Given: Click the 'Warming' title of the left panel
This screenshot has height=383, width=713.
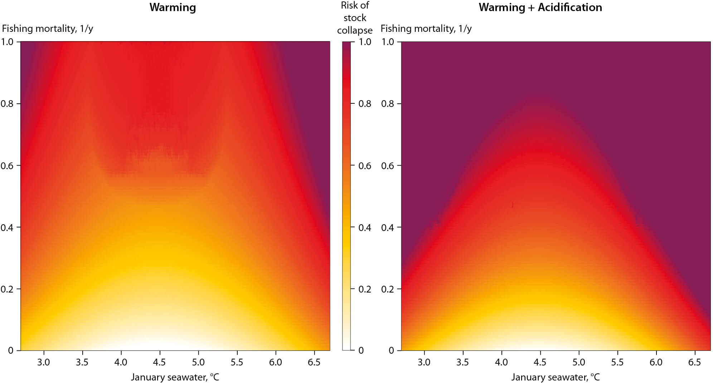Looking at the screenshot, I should click(173, 8).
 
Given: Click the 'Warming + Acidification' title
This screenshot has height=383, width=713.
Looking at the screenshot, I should click(540, 8).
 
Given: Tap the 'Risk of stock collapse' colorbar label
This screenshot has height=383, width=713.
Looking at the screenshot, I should click(355, 18).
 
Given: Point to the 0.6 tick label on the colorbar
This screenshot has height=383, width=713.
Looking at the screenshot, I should click(365, 166).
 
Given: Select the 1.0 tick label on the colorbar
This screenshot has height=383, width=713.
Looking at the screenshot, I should click(365, 42).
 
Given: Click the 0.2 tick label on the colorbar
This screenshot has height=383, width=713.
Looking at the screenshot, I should click(365, 289).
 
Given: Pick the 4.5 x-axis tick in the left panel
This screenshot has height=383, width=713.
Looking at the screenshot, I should click(160, 362).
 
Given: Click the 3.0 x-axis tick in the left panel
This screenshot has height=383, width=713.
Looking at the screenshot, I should click(44, 362).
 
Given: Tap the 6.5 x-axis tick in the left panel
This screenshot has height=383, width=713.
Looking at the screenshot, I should click(314, 362).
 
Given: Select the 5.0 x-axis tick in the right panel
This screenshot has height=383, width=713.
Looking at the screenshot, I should click(579, 362).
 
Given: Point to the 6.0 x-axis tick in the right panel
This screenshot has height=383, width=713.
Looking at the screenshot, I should click(656, 362).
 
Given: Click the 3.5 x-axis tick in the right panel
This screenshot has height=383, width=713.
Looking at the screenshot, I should click(463, 362).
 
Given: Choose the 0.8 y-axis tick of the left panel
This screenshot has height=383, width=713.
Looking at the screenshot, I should click(7, 104).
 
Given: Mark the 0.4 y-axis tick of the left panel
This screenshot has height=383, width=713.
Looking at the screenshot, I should click(7, 228).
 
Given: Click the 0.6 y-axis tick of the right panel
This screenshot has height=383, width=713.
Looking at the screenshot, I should click(387, 166).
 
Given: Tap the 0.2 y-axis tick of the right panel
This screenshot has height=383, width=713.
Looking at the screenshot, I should click(387, 289).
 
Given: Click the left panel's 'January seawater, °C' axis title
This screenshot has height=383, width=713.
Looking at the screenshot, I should click(175, 377).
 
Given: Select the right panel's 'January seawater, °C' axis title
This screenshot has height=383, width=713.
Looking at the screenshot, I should click(555, 377).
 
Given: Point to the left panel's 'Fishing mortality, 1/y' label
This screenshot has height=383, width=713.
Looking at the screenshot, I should click(48, 29).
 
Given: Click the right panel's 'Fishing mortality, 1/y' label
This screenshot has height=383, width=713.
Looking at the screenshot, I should click(426, 29).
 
